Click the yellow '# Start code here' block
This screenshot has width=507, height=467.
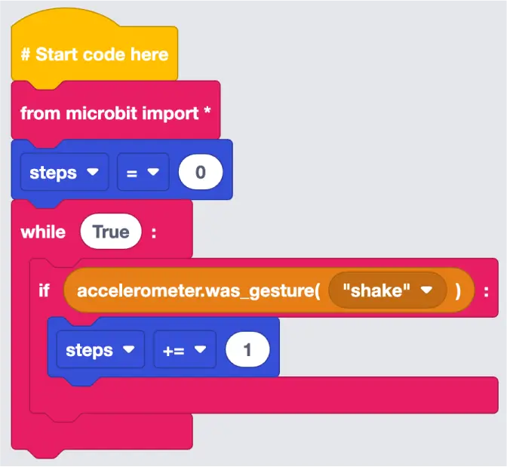[x=94, y=54]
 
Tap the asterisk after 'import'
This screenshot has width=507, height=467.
[x=207, y=111]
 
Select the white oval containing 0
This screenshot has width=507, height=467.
[x=201, y=172]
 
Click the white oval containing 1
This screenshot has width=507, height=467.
[x=247, y=349]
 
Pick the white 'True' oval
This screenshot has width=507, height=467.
[x=111, y=232]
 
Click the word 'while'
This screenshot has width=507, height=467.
[x=43, y=232]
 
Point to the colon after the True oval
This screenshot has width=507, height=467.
[x=154, y=232]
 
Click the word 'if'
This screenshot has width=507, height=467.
[x=44, y=290]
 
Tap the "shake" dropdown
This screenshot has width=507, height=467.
[x=387, y=290]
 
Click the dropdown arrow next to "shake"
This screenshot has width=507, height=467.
[x=426, y=290]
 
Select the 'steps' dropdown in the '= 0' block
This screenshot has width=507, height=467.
[x=64, y=172]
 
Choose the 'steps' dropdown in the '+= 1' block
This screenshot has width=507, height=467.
[x=100, y=349]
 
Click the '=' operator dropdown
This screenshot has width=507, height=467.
[x=143, y=172]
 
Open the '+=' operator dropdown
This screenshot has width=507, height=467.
[x=185, y=349]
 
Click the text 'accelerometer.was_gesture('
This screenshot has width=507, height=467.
[x=198, y=290]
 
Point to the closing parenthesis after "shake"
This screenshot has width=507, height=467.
[x=458, y=290]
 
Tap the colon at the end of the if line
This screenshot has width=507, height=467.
[x=486, y=293]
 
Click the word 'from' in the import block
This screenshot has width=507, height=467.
[x=41, y=113]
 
